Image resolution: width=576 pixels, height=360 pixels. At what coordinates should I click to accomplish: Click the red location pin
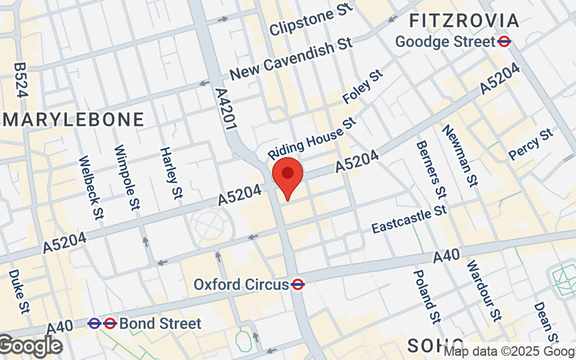[287, 175]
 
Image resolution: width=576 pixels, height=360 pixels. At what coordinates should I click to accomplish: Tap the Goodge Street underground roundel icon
[505, 42]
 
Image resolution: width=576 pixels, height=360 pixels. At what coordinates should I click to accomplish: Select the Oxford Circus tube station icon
[297, 284]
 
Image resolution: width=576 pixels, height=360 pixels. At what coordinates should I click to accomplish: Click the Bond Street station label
[160, 323]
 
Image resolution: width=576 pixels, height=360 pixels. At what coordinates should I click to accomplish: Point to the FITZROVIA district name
[473, 19]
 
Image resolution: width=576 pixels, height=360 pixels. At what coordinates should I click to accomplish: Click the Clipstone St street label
[311, 22]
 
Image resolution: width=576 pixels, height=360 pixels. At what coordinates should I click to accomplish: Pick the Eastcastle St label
[409, 220]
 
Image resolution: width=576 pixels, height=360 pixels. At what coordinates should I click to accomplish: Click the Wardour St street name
[483, 291]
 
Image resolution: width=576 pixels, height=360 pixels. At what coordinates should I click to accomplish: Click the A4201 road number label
[226, 109]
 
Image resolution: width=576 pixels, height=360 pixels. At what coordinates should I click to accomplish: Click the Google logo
[30, 345]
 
